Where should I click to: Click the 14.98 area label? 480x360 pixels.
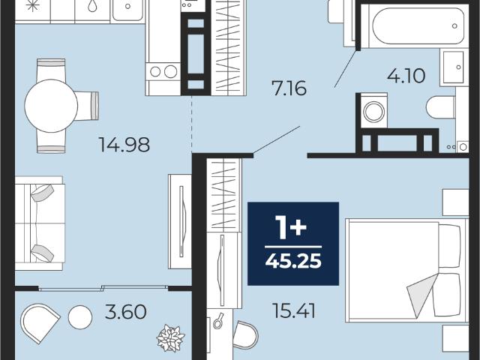124,145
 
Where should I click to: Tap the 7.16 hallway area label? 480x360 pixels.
289,88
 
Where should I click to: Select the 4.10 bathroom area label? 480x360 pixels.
406,76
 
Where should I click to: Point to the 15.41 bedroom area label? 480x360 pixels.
293,310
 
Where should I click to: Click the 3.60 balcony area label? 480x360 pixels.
125,312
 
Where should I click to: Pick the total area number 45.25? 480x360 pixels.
293,261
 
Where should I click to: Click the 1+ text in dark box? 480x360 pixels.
290,226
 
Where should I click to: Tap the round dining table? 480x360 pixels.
51,106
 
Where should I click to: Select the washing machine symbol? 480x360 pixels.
373,110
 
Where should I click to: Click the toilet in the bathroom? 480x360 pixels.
441,107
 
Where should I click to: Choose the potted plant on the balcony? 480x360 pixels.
170,338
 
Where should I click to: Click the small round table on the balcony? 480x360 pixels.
80,317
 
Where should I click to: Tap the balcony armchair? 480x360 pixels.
39,322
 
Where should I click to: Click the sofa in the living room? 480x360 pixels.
40,223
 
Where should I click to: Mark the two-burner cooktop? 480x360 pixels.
163,72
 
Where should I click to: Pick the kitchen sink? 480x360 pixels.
127,10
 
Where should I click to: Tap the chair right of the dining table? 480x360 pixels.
87,106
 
